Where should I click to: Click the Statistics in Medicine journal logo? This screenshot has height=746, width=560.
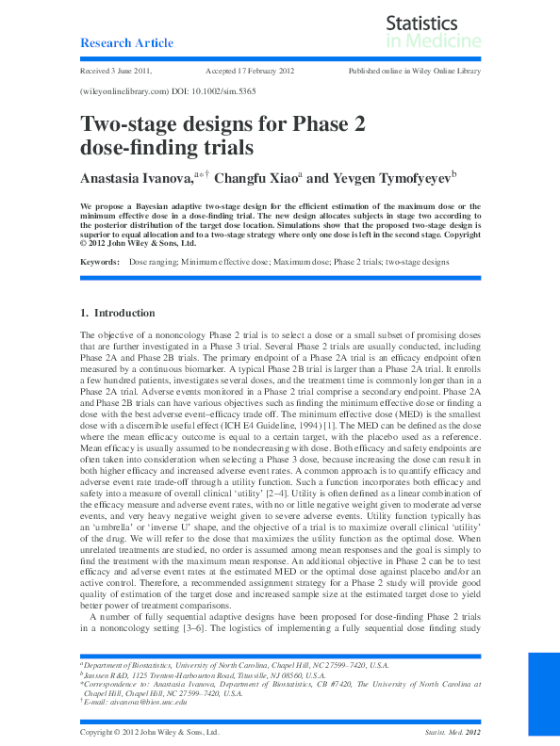(x=433, y=32)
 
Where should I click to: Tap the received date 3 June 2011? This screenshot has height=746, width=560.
(x=117, y=72)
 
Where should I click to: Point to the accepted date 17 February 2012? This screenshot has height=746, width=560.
(x=250, y=72)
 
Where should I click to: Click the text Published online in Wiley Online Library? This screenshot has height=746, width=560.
(x=415, y=72)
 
